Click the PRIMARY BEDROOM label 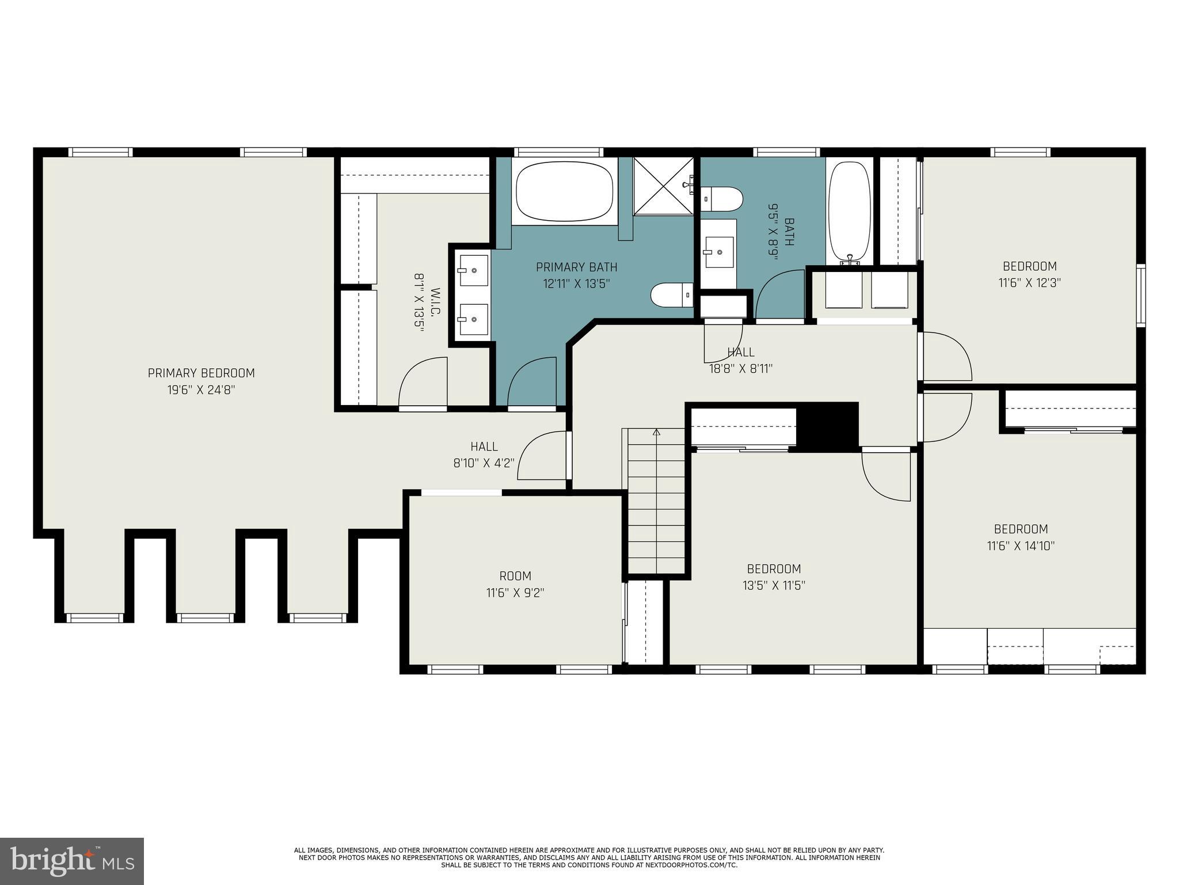[x=201, y=373]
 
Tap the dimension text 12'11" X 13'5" [x=576, y=283]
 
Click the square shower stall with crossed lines [x=664, y=186]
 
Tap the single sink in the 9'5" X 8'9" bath [x=718, y=252]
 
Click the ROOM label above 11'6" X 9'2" [x=515, y=576]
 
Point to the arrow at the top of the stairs [x=656, y=432]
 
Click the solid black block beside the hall [x=827, y=426]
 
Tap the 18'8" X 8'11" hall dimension [x=740, y=369]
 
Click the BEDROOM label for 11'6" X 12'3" [x=1029, y=266]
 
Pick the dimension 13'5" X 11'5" [x=773, y=586]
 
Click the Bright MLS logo [x=71, y=861]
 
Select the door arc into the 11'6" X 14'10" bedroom [x=947, y=418]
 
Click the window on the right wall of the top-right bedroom [x=1140, y=295]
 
